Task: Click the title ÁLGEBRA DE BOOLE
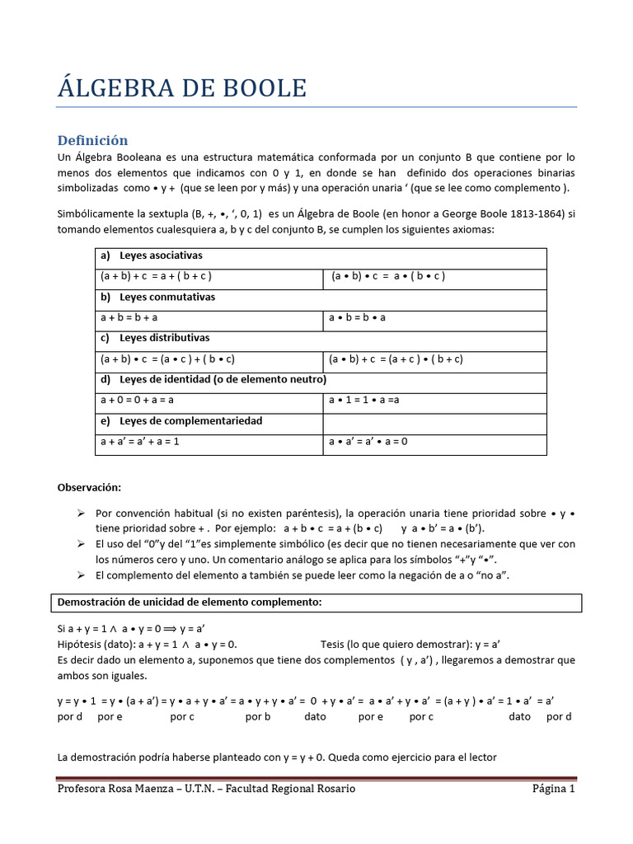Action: point(181,87)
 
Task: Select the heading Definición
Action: point(92,140)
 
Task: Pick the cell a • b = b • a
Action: point(357,317)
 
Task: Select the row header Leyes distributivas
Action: point(164,338)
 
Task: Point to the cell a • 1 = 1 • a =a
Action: point(363,400)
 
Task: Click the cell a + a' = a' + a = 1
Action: point(140,441)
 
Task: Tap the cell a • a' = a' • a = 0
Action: point(368,441)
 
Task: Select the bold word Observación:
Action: point(89,487)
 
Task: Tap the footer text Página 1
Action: point(553,789)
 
